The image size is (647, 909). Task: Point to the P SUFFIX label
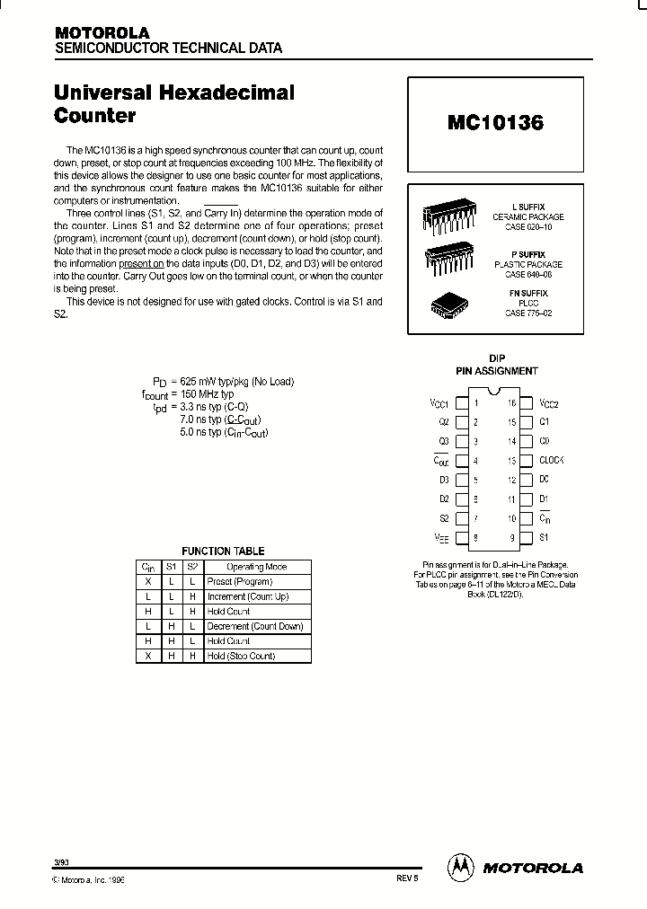tap(528, 254)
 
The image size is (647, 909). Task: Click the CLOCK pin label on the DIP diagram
tap(551, 460)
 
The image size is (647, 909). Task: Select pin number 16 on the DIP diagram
tap(511, 403)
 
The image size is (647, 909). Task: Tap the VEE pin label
tap(441, 537)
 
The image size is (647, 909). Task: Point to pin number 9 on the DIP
tap(511, 537)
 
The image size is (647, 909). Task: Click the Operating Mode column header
tap(256, 567)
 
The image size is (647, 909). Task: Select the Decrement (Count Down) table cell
tap(254, 626)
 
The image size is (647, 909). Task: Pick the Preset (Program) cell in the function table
tap(239, 582)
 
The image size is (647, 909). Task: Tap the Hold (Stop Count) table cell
tap(241, 656)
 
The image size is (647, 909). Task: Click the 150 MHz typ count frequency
tap(208, 393)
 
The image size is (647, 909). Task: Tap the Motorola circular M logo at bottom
tap(461, 867)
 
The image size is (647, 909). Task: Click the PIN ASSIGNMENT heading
tap(496, 370)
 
